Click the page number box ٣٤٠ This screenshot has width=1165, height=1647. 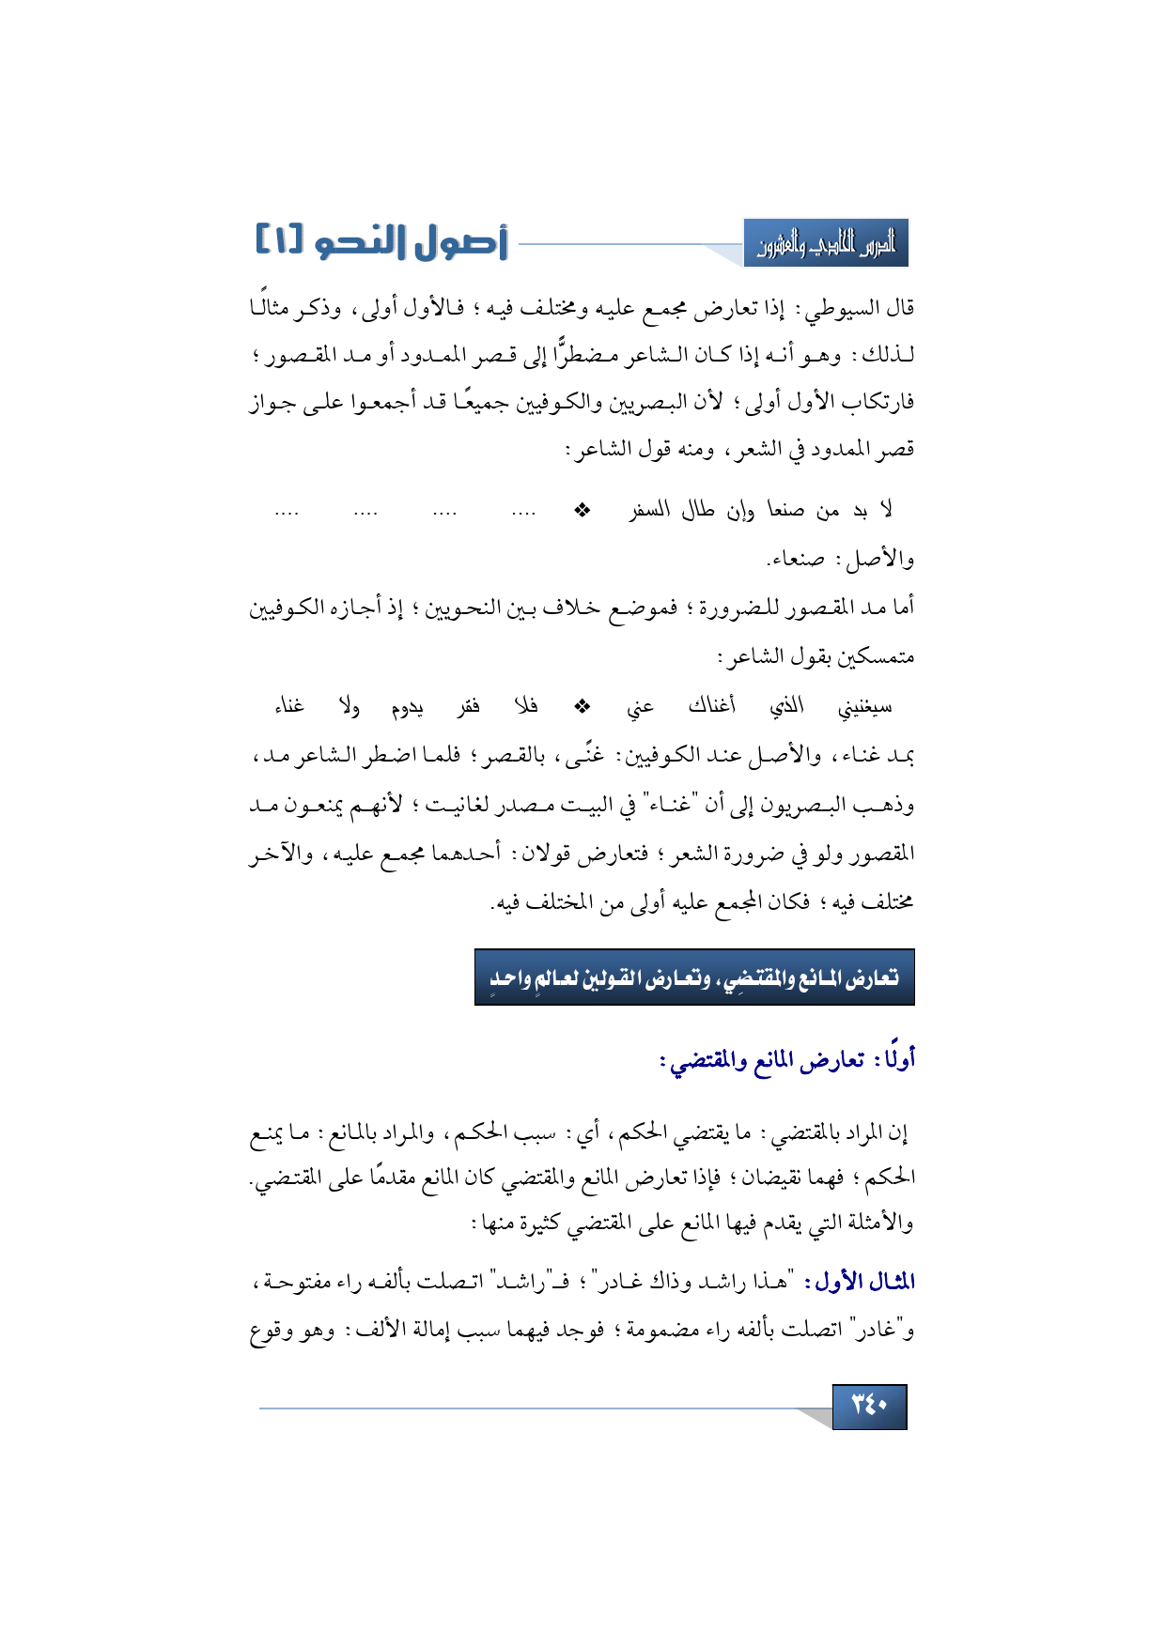pos(869,1406)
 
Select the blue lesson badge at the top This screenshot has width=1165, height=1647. pos(826,244)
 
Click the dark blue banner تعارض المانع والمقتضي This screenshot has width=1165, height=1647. pos(694,977)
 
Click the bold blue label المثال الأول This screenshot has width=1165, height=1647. pos(865,1282)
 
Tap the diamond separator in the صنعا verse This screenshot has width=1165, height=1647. pos(582,510)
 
